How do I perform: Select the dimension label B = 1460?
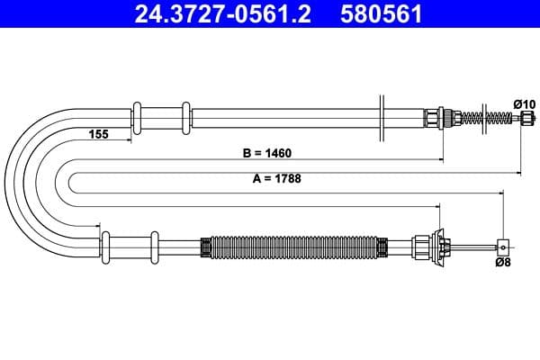[267, 153]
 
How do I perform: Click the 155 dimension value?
[99, 134]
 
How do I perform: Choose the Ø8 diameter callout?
[503, 263]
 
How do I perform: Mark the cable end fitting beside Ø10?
[525, 119]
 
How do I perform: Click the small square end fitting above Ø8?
[503, 246]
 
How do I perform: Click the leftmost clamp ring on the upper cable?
[138, 118]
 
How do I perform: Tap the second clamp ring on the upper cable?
[186, 118]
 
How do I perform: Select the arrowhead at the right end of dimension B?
[440, 160]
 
